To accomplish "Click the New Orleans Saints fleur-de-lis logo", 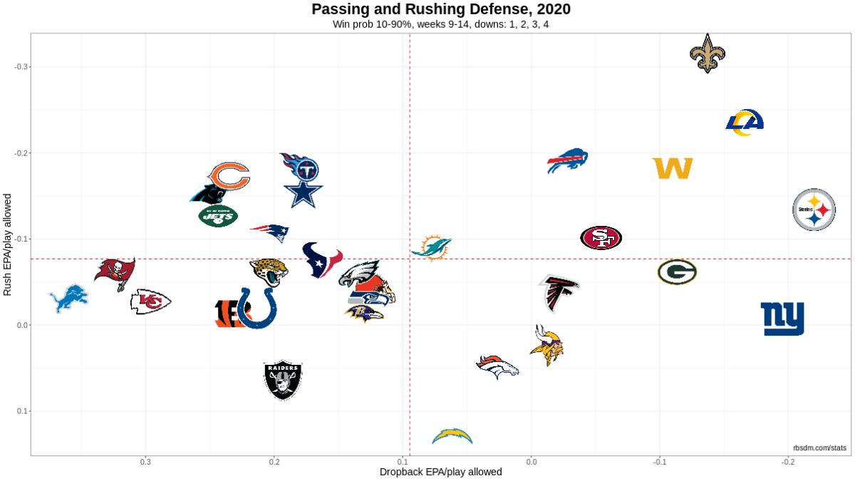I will (x=707, y=53).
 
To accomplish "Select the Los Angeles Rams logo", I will (x=745, y=123).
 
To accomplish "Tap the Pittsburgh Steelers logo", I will (x=814, y=210).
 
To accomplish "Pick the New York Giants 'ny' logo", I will (x=782, y=319).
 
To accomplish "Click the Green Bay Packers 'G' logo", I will (x=677, y=271).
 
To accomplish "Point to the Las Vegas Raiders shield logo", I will (x=283, y=380).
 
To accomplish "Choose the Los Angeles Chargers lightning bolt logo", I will (x=452, y=435).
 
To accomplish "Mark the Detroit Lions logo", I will (x=70, y=299).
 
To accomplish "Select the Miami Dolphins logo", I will (x=432, y=247).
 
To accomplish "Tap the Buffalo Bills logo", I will (x=567, y=161).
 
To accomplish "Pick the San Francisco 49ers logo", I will (x=601, y=238).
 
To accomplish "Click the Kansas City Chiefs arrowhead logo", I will (x=150, y=302).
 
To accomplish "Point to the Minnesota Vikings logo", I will (x=548, y=345).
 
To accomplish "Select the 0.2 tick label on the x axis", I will (x=274, y=461).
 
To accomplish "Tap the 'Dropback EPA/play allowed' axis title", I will (x=440, y=472).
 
